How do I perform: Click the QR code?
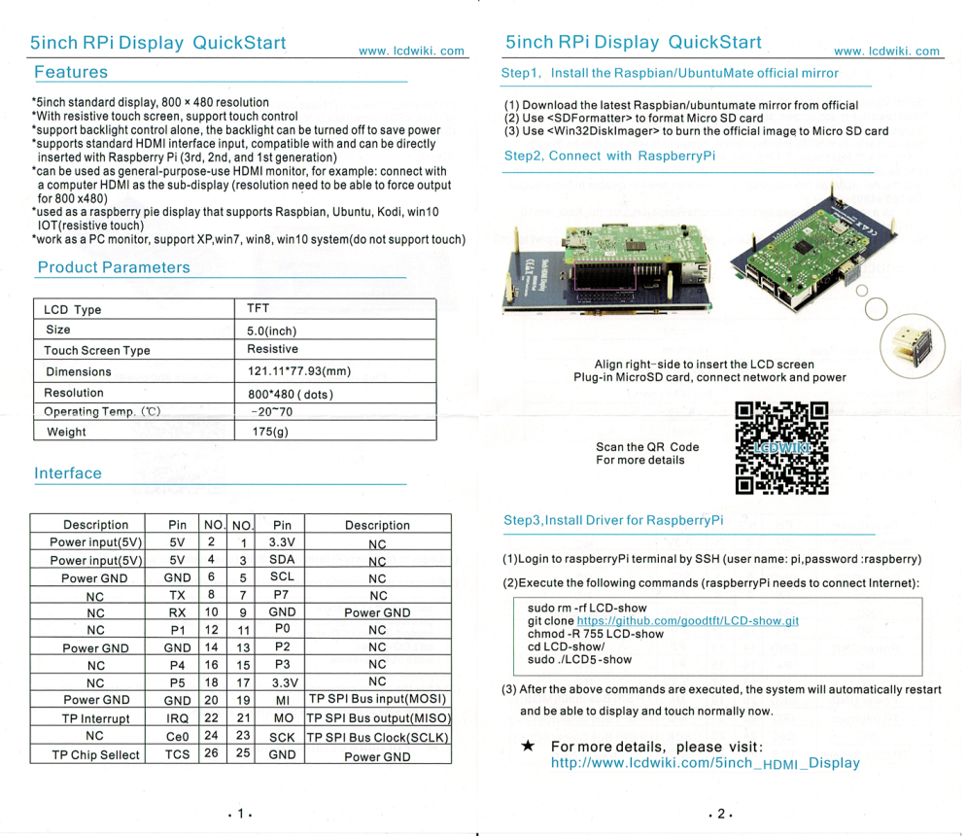781,448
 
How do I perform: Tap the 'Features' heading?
71,72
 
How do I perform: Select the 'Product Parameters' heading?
114,267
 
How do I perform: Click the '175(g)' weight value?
267,432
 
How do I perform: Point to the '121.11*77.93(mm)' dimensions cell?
298,370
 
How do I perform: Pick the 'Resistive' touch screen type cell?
272,349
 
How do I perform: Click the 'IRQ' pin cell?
177,717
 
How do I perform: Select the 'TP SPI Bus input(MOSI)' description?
377,699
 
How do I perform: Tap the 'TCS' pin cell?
177,754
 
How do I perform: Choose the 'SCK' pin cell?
282,737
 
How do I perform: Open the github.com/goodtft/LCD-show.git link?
687,620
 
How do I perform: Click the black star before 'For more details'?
527,746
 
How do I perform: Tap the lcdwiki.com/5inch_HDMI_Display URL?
705,764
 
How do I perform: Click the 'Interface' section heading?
68,473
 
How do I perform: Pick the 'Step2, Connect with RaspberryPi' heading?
609,156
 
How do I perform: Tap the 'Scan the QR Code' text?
646,447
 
